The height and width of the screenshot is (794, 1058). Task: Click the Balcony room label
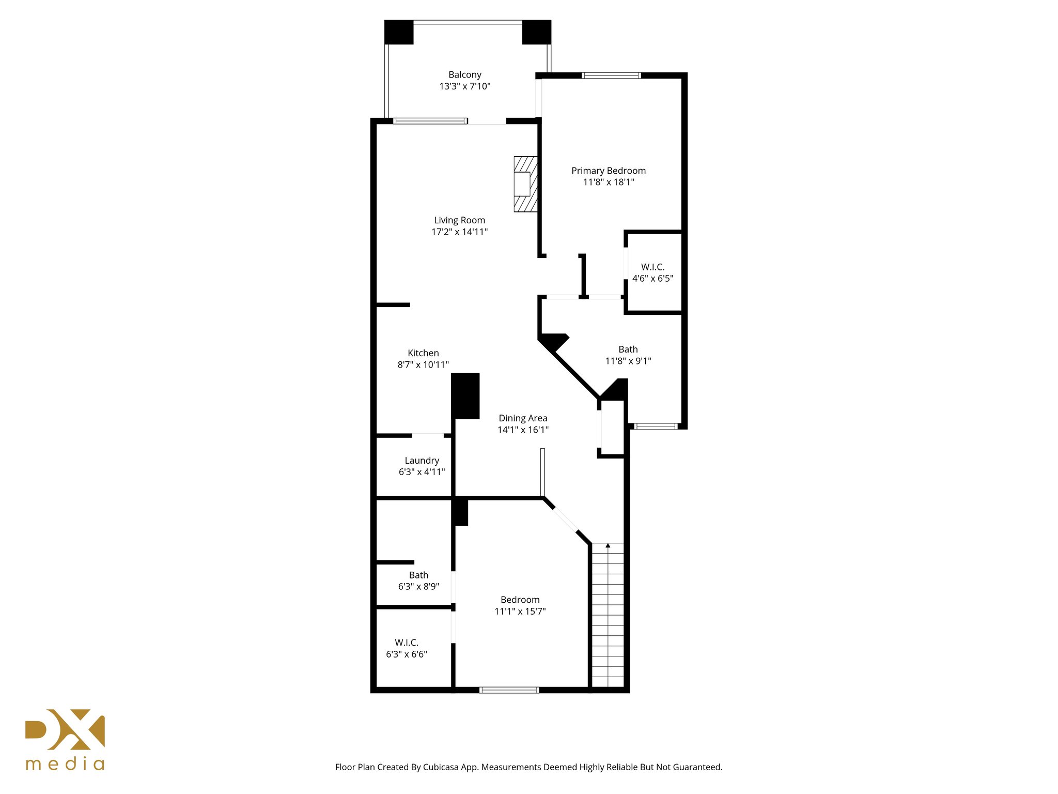464,75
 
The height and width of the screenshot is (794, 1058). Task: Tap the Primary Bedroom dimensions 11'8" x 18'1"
609,182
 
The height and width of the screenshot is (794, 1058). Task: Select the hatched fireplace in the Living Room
525,185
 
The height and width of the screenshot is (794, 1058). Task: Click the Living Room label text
459,220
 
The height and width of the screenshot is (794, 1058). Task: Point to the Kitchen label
423,353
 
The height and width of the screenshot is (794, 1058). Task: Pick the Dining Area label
523,418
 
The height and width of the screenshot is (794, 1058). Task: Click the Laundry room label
422,461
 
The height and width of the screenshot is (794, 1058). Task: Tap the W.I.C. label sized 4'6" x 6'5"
652,272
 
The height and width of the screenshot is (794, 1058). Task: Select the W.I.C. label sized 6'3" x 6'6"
407,648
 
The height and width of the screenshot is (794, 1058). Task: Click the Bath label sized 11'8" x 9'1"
628,355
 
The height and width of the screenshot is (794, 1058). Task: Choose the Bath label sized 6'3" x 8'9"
418,581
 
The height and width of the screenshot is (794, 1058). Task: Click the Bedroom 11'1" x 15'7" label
520,605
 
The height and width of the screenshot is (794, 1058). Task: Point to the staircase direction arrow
608,546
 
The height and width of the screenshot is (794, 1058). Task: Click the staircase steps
608,620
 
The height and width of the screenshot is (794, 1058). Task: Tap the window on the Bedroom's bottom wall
509,690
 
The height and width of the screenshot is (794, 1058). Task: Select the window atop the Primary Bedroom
611,75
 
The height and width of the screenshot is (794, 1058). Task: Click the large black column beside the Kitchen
465,396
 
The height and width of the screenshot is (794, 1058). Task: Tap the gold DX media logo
65,739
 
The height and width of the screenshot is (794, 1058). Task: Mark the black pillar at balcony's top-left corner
399,32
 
